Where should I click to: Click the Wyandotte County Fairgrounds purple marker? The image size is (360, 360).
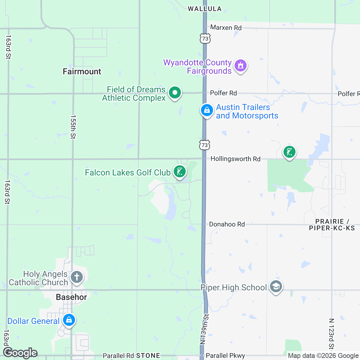(240, 65)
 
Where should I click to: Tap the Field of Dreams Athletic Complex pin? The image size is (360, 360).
(175, 93)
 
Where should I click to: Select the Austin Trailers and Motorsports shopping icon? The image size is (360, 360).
(207, 110)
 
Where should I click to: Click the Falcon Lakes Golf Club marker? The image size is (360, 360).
(180, 172)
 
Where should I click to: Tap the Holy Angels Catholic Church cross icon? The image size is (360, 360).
(77, 277)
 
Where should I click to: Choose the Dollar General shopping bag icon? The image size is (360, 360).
(69, 320)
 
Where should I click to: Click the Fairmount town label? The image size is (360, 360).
(82, 71)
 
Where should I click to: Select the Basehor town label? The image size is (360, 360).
(71, 297)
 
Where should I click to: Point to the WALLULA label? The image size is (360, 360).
(205, 9)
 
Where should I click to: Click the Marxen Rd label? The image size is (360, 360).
(226, 28)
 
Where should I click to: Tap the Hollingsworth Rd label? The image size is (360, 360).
(235, 159)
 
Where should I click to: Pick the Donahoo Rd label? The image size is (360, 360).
(227, 224)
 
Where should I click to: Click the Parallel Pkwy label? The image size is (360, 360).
(225, 355)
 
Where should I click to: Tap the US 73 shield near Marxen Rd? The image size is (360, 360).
(205, 39)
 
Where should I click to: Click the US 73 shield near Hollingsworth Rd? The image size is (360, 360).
(205, 145)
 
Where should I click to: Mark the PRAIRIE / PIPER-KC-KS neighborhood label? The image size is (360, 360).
(332, 225)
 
